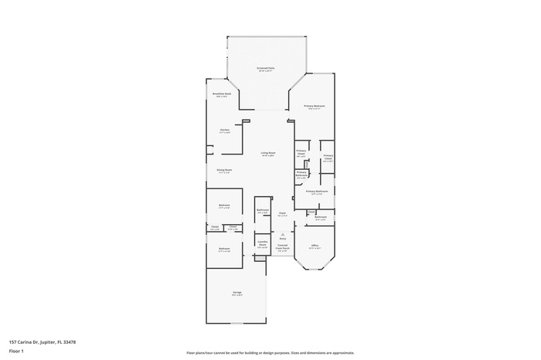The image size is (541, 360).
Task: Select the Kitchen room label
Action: point(224,131)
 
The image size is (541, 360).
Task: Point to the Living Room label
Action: point(267,154)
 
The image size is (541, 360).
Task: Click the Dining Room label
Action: point(224,171)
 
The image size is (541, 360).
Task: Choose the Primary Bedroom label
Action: point(314,107)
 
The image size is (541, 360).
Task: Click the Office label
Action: point(315,247)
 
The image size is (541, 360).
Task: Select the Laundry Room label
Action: point(262,245)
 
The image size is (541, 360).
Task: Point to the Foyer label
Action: point(282,214)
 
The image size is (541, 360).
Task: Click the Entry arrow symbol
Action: point(282,234)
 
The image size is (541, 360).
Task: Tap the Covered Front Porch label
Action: point(283,248)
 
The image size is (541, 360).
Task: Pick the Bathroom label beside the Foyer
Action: point(262,211)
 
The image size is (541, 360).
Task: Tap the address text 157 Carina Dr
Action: point(42,341)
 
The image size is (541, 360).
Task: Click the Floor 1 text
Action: point(16,351)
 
